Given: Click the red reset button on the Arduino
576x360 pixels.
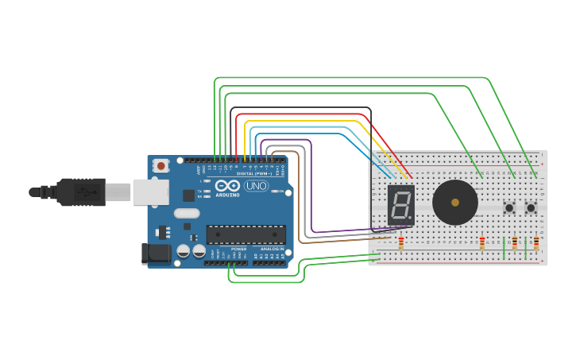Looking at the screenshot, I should point(161,165).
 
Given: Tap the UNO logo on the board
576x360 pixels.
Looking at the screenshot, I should point(256,186).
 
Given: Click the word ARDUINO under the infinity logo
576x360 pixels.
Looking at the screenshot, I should point(227,195).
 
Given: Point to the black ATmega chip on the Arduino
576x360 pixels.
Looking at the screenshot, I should point(245,234).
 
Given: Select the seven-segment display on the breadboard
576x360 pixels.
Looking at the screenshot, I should point(401,205).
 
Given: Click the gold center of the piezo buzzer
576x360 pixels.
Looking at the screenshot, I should point(455,203).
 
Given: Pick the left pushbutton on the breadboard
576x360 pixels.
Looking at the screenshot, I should point(509,207).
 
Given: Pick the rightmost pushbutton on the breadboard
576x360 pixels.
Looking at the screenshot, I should point(531,207).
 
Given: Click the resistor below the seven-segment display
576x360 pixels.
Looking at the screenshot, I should point(401,242).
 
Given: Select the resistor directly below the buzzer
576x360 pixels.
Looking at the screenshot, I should point(482,242).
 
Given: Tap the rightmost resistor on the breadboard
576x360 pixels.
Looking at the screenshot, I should point(536,242).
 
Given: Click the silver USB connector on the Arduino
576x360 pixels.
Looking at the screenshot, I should point(151,192).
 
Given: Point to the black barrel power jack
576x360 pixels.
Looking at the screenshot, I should point(155,254).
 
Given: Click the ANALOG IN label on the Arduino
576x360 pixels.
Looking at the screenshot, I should point(270,249).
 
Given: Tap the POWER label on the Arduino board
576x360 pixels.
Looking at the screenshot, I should point(238,249).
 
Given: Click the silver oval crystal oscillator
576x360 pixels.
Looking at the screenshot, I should point(187,213).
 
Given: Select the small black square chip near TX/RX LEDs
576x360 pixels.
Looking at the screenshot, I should point(188,195).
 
